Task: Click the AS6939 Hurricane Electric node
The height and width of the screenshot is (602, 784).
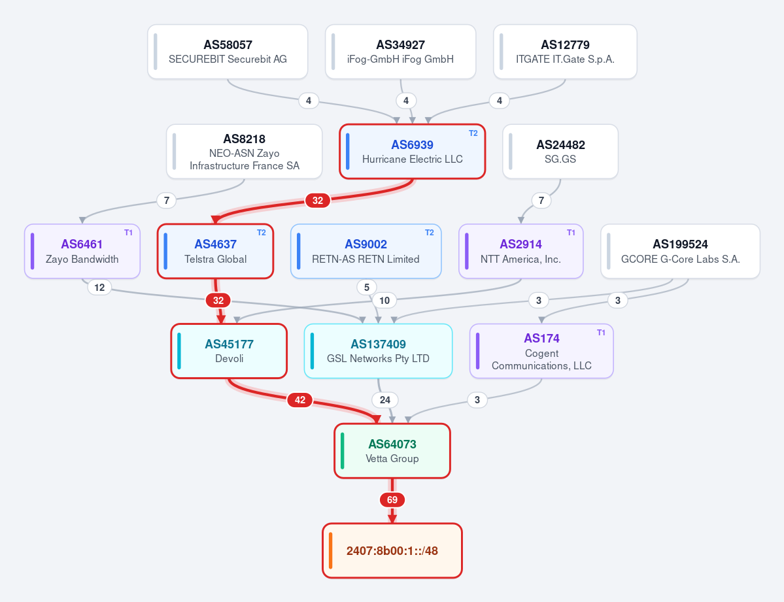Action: point(413,152)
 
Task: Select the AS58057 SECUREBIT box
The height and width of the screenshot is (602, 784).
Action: point(228,52)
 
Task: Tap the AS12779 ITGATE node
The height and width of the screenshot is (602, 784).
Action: point(565,52)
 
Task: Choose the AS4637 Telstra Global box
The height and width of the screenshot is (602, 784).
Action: point(216,251)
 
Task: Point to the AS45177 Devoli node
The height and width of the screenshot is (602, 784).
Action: point(229,351)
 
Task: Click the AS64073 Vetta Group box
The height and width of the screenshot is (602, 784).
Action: point(392,451)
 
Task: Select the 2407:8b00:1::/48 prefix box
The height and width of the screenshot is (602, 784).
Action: point(392,550)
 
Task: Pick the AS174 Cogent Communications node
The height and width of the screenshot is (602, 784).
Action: point(541,351)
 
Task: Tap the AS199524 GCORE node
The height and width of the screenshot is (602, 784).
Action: point(681,251)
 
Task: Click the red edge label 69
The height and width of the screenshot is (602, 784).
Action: point(392,499)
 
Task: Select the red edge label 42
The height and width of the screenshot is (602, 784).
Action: point(300,400)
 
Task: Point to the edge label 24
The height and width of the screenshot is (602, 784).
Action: point(385,400)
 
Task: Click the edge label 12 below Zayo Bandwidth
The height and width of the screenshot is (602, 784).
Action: point(99,288)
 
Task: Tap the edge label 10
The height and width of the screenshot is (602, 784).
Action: point(384,301)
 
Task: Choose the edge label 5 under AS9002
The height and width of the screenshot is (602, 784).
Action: point(367,288)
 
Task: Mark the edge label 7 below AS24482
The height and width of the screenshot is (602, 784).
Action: point(541,201)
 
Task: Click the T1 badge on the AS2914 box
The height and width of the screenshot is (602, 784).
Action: point(571,233)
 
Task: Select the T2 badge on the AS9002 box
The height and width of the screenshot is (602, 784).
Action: point(430,233)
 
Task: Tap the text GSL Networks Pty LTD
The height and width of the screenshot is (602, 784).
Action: point(378,358)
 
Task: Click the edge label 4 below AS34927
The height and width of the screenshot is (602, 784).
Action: point(406,101)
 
